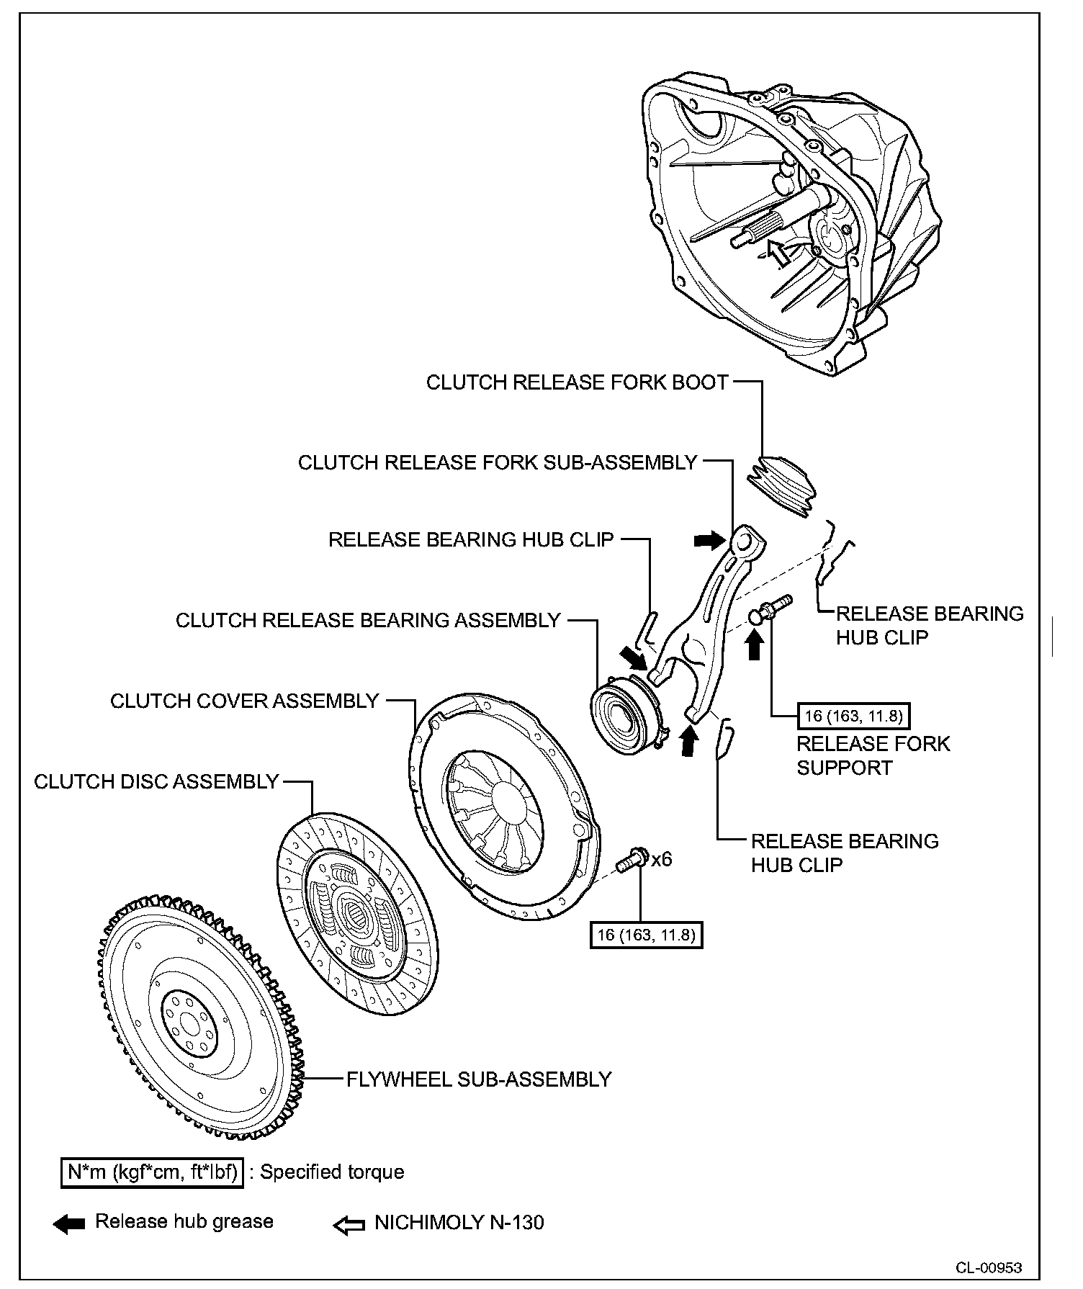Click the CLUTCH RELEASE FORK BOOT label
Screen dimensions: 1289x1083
coord(577,382)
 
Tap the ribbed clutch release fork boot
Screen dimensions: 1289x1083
coord(783,485)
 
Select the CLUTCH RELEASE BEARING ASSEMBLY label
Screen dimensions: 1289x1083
coord(368,620)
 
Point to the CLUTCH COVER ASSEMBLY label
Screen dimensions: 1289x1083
coord(245,701)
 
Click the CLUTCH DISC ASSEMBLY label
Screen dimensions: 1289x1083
coord(156,781)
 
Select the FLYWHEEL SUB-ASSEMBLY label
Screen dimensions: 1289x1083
coord(479,1079)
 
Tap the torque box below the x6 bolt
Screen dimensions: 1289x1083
coord(646,935)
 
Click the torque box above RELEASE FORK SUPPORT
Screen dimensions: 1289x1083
coord(853,716)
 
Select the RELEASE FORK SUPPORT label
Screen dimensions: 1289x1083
coord(873,755)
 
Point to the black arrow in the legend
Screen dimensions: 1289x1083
coord(69,1224)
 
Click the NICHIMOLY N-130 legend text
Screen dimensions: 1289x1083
coord(459,1223)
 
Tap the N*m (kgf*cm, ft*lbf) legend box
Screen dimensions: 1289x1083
coord(152,1172)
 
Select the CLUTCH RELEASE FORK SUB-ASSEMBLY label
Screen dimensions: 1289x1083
coord(498,462)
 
